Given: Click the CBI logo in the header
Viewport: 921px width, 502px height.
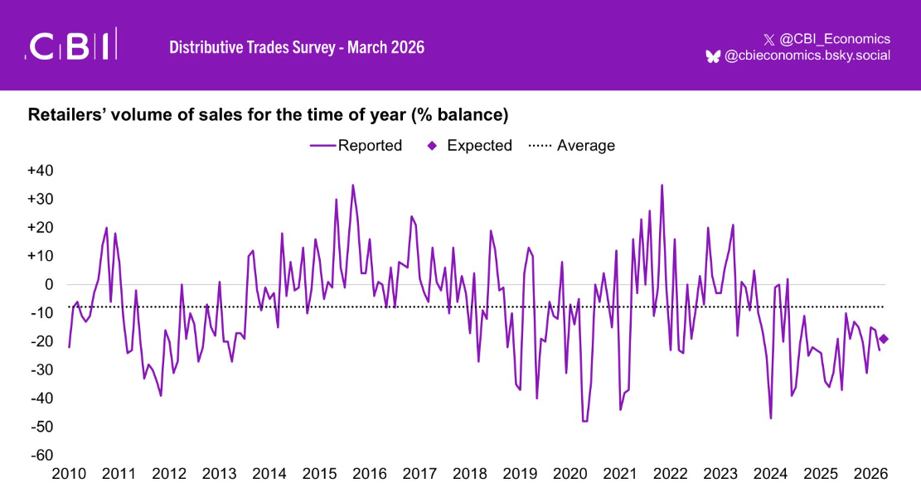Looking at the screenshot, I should coord(72,46).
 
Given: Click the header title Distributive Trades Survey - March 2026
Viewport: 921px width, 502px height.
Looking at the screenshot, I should coord(297,47).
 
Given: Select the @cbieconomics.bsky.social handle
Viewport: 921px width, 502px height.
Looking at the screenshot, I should coord(807,56).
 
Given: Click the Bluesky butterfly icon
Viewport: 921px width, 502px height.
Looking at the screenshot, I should coord(713,56).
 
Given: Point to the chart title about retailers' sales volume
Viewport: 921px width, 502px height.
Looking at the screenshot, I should coord(268,113).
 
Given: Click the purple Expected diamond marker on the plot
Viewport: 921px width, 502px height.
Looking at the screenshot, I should coord(884,338).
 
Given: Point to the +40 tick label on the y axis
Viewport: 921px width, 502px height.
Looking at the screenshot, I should coord(40,171).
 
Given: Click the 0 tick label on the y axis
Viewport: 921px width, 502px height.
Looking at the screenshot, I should coord(49,284).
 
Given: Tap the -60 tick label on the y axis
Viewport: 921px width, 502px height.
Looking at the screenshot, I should coord(41,455).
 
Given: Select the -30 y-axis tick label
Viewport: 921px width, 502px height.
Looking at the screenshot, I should coord(41,369).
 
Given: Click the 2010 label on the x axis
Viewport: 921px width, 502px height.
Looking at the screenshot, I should coord(68,474).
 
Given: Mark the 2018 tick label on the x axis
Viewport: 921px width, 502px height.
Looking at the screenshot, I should coord(470,474).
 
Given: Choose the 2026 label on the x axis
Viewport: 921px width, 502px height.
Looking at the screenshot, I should coord(871,474).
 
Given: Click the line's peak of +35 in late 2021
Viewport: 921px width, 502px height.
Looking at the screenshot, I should coord(662,185).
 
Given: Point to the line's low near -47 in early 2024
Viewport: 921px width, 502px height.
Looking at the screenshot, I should coord(771,418).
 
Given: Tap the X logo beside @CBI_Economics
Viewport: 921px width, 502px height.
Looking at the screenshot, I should coord(768,39).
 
